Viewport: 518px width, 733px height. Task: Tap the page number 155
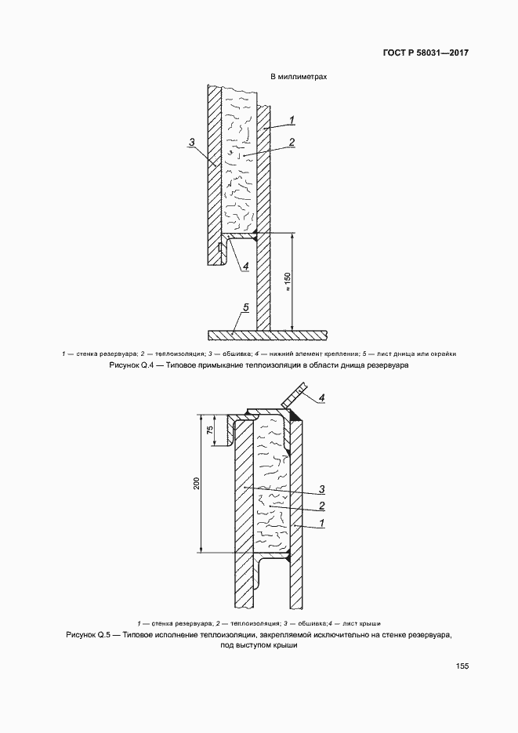[462, 666]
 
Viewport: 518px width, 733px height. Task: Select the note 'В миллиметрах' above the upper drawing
[299, 78]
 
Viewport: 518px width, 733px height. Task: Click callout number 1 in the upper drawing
[291, 119]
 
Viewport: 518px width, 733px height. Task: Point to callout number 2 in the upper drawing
[291, 143]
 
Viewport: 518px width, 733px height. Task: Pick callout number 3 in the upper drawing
[191, 143]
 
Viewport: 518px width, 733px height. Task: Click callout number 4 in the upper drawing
[245, 266]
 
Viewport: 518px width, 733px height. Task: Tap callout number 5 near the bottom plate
[245, 308]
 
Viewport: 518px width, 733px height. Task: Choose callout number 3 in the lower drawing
[321, 492]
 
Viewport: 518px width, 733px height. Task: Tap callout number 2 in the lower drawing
[321, 507]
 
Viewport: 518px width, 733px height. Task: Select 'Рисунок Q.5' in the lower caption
[92, 633]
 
